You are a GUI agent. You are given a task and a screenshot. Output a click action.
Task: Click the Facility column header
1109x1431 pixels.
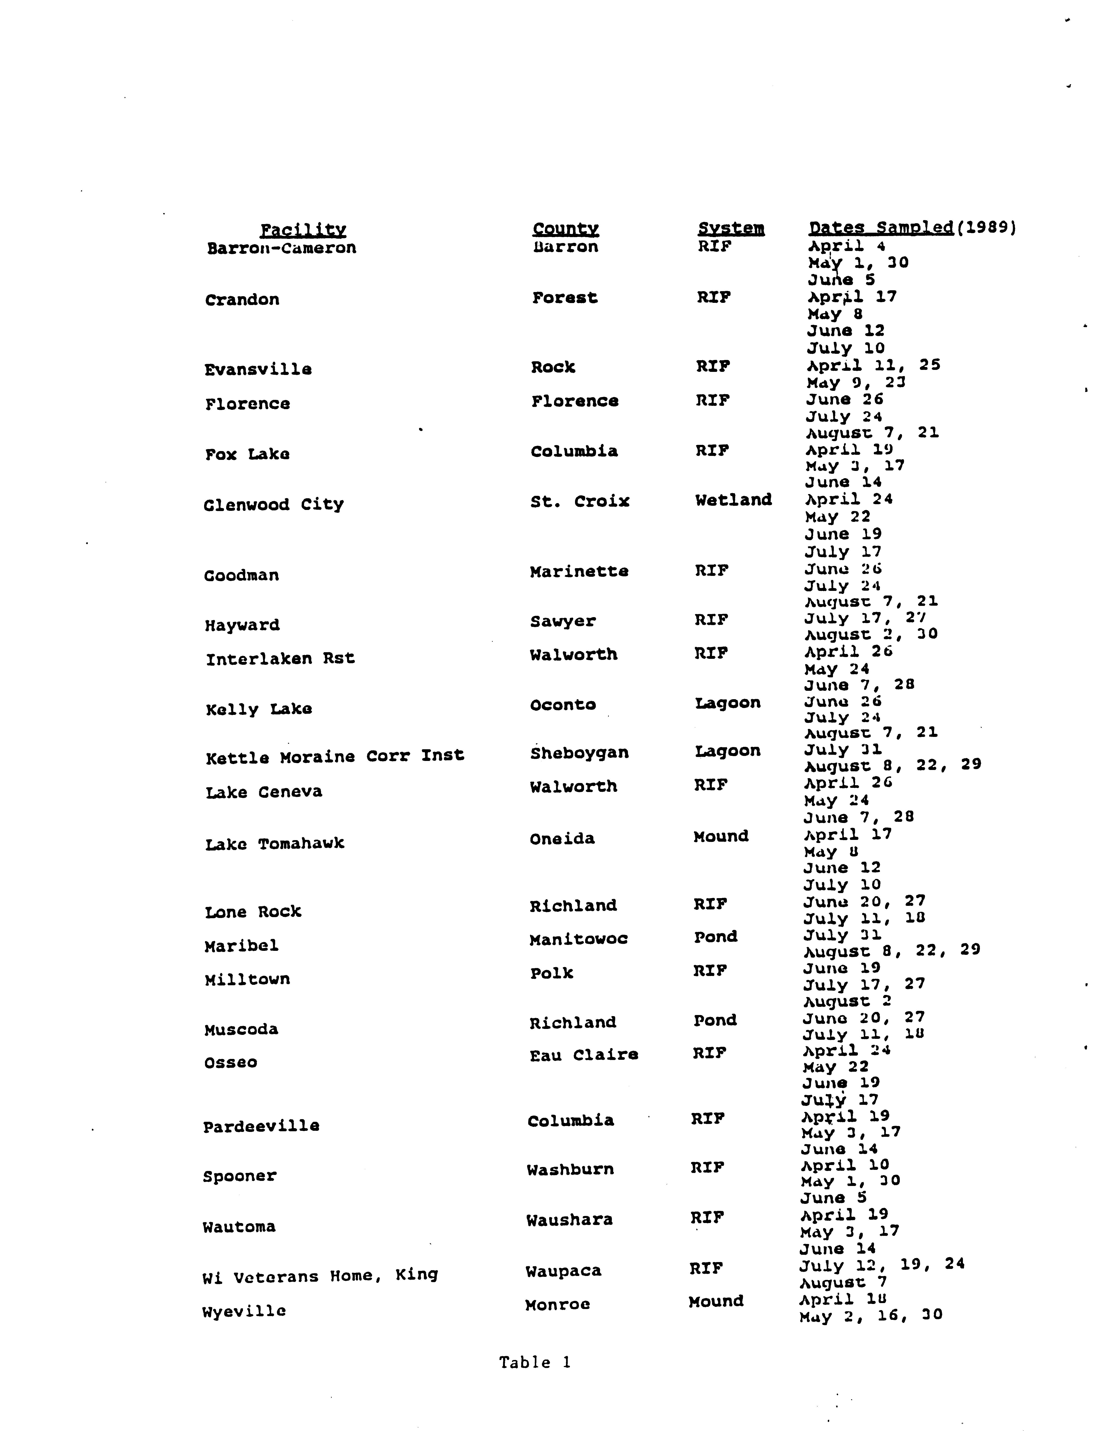coord(303,230)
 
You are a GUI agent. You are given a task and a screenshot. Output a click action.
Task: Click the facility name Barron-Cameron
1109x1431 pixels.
coord(281,248)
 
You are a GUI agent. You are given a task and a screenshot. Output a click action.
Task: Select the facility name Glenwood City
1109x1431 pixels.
coord(273,504)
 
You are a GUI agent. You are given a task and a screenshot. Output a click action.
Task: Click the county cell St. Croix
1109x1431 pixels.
coord(579,502)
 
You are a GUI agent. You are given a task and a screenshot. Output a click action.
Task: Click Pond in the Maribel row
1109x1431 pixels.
coord(715,937)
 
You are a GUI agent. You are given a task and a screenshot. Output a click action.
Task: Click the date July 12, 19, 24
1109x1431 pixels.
coord(882,1264)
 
